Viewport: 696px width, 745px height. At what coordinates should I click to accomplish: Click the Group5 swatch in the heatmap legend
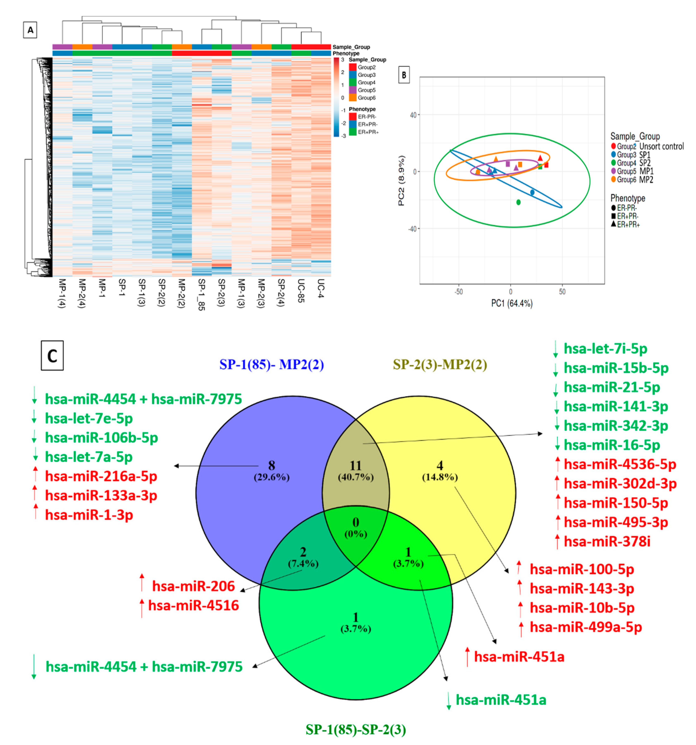pos(352,90)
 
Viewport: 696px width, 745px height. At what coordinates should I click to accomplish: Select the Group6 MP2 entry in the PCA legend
pos(634,179)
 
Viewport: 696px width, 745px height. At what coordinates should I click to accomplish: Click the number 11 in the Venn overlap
pos(355,466)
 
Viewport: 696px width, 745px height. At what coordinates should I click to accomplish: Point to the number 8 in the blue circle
pos(271,466)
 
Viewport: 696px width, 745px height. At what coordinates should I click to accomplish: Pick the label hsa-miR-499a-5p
pos(585,627)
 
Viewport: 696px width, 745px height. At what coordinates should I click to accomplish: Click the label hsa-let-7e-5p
pos(89,419)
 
